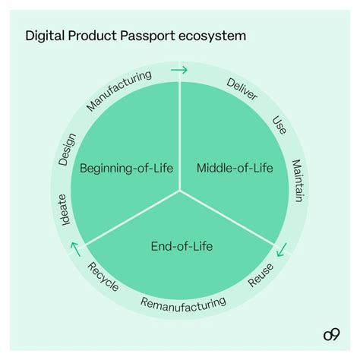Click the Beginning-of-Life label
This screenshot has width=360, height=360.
pos(127,168)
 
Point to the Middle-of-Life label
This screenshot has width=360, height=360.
pos(234,168)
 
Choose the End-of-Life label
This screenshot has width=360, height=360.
pos(181,245)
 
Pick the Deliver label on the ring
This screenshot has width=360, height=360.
pos(242,90)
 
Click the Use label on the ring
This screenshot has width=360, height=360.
pos(279,125)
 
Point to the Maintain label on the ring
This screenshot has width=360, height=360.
pos(297,182)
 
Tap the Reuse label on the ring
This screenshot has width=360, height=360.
pos(262,274)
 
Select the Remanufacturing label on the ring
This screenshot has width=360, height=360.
pos(183,305)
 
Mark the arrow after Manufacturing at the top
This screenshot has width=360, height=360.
pos(180,70)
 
